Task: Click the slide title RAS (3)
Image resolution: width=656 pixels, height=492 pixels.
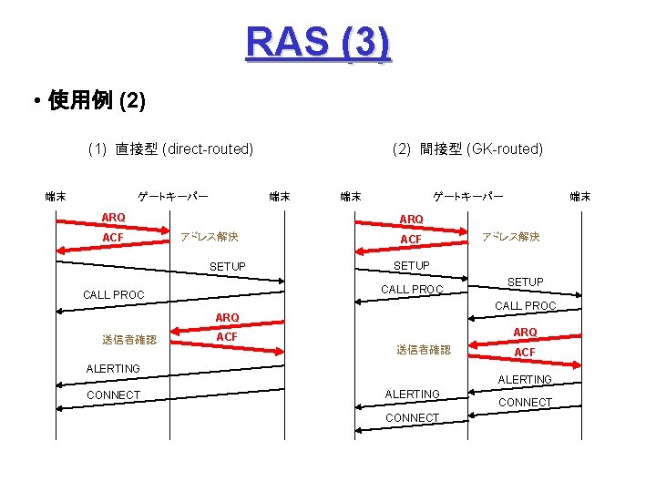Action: point(318,43)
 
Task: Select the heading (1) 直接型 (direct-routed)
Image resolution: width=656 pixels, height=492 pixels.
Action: point(170,149)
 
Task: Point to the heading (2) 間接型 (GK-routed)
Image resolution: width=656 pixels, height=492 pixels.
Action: point(467,149)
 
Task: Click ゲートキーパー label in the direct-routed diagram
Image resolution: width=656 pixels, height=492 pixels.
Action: point(172,196)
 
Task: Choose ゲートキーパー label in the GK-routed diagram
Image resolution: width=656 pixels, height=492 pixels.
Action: point(467,196)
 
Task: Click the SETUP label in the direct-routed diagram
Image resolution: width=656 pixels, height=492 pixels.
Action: point(228,266)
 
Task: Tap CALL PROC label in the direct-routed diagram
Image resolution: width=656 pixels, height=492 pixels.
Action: point(114,295)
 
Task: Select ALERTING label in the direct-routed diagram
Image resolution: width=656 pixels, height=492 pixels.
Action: point(113,368)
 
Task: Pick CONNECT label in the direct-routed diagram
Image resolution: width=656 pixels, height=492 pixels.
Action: point(113,395)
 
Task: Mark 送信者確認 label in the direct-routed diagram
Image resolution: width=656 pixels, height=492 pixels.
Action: point(129,340)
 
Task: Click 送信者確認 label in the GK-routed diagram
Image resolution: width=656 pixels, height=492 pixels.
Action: point(424,350)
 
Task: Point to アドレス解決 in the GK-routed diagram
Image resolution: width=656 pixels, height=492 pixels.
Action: point(511,237)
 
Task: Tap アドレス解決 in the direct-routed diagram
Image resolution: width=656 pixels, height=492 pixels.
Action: point(210,237)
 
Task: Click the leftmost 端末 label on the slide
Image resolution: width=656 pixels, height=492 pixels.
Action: point(56,196)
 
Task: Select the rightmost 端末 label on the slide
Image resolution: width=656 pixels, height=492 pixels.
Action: point(580,196)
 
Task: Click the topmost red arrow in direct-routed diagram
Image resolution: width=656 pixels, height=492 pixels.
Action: point(114,227)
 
